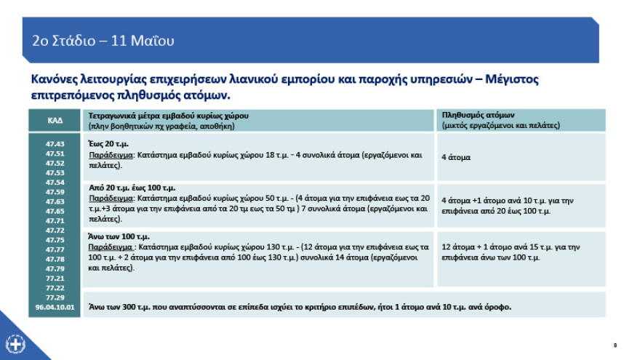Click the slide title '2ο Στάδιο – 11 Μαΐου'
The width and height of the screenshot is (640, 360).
(x=103, y=41)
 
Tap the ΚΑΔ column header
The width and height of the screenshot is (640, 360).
(x=55, y=120)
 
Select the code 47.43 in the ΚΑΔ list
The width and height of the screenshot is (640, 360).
(x=55, y=144)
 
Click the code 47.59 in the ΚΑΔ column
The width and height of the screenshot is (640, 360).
(x=55, y=191)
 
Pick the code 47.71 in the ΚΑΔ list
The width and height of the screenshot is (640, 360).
(x=55, y=220)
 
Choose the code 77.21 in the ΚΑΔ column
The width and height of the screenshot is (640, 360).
(x=55, y=278)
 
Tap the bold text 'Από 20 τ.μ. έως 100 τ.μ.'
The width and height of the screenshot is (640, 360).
(x=132, y=187)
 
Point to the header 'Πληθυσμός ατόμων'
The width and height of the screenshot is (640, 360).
(x=478, y=115)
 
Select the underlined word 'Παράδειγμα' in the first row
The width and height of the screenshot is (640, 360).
(x=110, y=155)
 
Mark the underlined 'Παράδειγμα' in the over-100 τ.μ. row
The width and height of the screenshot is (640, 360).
(x=110, y=247)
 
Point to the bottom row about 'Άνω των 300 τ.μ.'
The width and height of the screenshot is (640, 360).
(x=298, y=306)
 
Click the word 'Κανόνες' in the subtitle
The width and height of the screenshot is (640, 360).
(x=55, y=79)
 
